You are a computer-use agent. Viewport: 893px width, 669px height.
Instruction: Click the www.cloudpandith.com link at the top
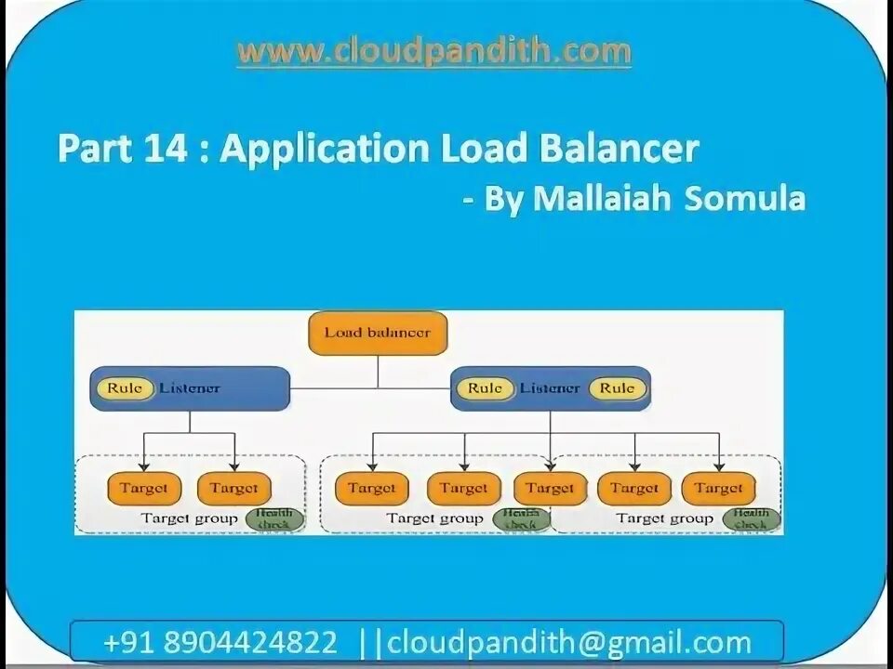433,51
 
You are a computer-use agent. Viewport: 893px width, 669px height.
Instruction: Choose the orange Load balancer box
378,333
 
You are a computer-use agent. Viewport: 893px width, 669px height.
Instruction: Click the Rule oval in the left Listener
126,388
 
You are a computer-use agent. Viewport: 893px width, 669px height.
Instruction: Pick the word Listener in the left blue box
190,388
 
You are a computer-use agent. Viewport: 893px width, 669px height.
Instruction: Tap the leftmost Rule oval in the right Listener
485,388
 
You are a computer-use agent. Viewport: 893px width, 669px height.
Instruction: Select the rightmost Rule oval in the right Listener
617,388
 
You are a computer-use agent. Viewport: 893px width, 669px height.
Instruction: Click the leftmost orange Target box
143,488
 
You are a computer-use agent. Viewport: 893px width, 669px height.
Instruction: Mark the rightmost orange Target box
718,488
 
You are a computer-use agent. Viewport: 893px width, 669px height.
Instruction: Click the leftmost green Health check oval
274,518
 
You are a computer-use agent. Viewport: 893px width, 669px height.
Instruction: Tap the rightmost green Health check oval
751,518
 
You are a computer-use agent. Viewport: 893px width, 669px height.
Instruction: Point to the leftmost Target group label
189,518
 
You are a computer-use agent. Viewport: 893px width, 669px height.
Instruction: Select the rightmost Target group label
664,518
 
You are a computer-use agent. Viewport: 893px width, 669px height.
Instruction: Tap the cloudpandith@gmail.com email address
568,642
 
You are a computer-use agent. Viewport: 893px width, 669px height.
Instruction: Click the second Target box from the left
233,488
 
